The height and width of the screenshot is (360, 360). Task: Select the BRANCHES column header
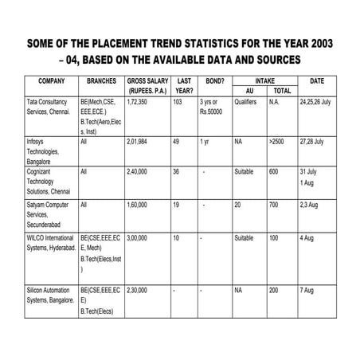101,81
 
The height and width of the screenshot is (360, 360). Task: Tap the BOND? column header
214,81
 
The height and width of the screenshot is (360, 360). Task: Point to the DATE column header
316,81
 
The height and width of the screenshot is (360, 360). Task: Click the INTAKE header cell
264,81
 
